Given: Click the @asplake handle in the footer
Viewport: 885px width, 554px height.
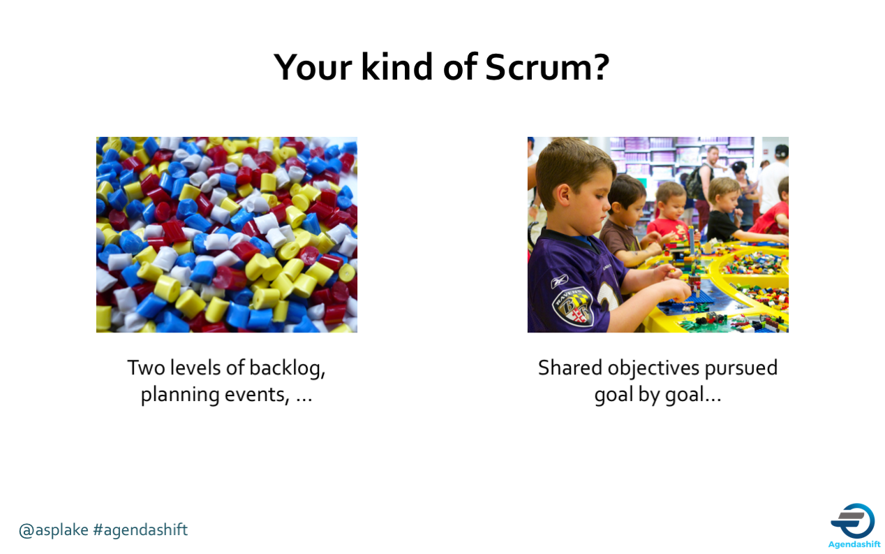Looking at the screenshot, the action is pos(54,530).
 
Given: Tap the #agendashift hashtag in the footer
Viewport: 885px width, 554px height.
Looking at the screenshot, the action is pos(140,530).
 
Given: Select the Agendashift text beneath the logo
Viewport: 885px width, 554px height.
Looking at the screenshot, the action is pos(854,544).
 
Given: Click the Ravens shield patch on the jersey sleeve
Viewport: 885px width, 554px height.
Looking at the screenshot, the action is pos(572,307).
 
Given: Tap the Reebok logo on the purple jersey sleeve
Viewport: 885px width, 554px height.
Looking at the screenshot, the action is pos(560,281).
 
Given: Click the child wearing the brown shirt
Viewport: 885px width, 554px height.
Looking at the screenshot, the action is pos(624,221).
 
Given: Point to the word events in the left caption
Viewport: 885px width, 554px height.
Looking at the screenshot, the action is pos(257,395).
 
